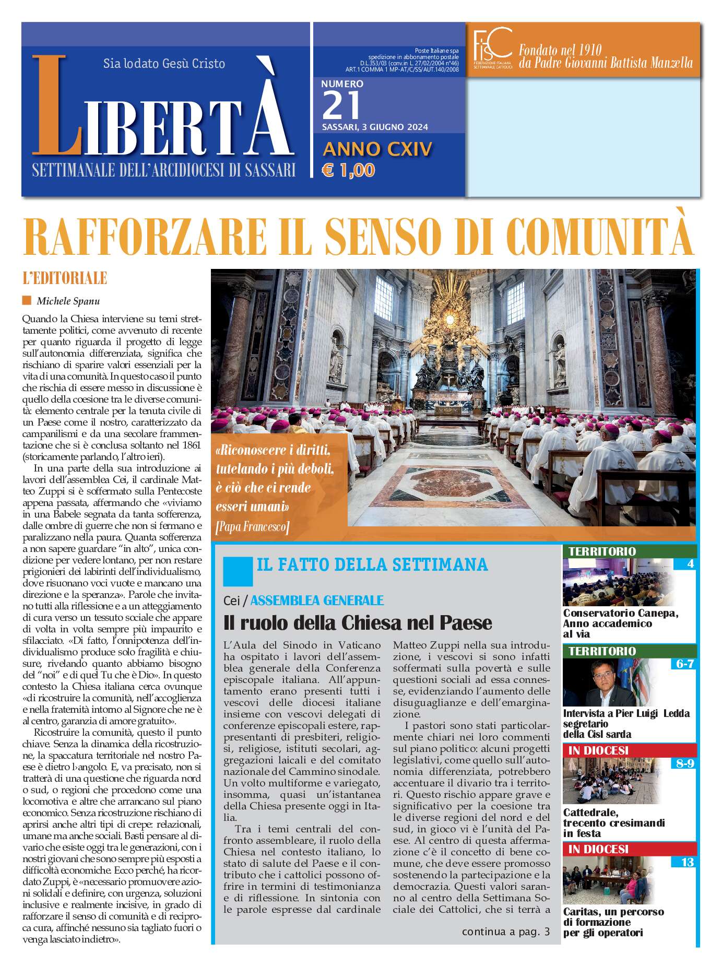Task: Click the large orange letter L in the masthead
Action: coord(56,107)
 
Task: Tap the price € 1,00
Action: coord(349,170)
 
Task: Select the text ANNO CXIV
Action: coord(377,149)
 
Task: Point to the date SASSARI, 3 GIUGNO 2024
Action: coord(375,127)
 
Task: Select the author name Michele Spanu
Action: coord(68,301)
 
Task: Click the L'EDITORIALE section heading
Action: coord(65,278)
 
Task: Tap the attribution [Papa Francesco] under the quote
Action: coord(252,527)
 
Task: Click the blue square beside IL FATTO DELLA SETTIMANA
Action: coord(238,571)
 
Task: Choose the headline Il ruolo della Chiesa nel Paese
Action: coord(358,623)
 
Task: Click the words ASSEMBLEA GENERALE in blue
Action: coord(317,601)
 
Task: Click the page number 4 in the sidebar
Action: coord(690,564)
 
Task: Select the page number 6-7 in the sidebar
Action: coord(684,664)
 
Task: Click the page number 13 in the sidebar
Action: coord(687,862)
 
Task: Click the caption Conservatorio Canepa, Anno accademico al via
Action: coord(620,623)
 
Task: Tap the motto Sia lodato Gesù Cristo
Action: coord(164,64)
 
